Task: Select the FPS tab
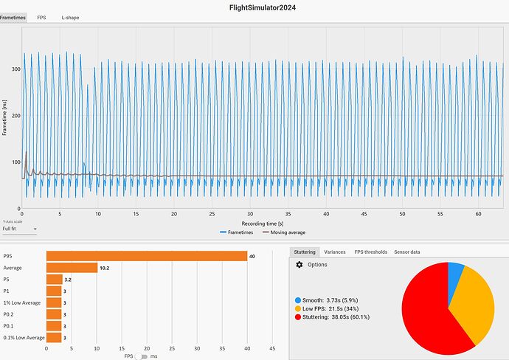click(41, 17)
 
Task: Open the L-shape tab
click(71, 17)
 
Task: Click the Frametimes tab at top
click(13, 17)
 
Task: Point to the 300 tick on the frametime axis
click(15, 69)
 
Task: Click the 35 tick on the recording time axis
click(250, 214)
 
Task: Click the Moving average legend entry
click(287, 232)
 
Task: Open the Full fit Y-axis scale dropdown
click(19, 229)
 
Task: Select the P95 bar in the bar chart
click(146, 256)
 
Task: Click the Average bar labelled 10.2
click(72, 268)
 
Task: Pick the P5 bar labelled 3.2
click(54, 280)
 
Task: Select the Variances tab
click(334, 252)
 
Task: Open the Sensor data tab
click(408, 252)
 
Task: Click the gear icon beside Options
click(299, 264)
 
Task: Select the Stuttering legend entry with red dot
click(332, 316)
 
